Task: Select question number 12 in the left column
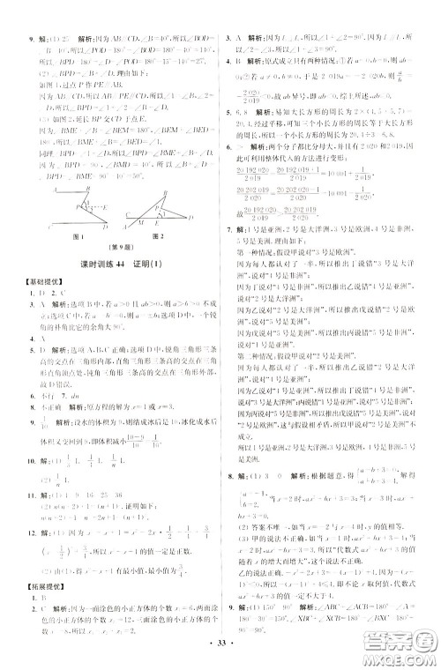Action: (34, 532)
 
